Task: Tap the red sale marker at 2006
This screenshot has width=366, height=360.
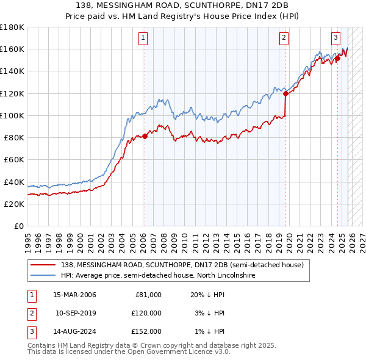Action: [145, 137]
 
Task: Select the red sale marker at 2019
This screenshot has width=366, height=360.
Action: [285, 93]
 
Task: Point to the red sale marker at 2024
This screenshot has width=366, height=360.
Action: [337, 59]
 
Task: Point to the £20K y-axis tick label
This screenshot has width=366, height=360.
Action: [13, 204]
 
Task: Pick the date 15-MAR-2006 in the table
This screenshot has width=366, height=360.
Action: [74, 295]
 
